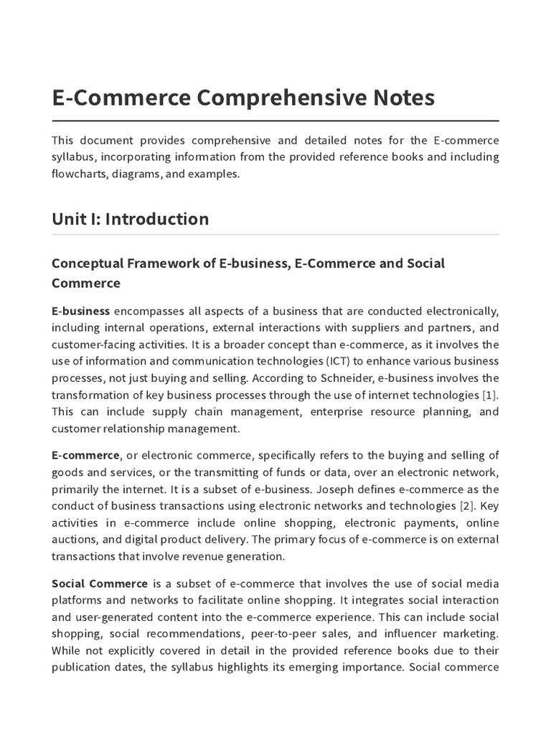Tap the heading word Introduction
(157, 219)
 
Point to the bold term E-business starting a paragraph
(80, 311)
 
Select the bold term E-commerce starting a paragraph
(85, 455)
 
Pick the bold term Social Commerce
(100, 584)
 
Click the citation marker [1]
(491, 395)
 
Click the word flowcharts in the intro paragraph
(80, 174)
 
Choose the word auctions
(75, 539)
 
